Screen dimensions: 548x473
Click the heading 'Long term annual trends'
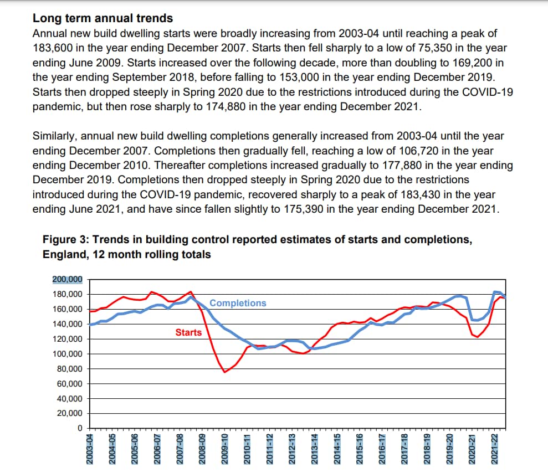tap(103, 18)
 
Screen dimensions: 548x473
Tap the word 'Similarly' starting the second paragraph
tap(54, 136)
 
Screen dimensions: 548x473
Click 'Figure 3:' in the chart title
tap(66, 240)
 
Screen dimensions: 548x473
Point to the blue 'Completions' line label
tap(238, 303)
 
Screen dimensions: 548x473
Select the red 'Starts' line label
tap(188, 332)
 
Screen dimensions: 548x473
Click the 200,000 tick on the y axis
tap(68, 280)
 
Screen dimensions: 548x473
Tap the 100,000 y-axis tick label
tap(68, 354)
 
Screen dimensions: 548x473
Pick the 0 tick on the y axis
tap(80, 428)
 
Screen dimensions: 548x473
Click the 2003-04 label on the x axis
tap(90, 449)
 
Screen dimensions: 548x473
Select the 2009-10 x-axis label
tap(224, 449)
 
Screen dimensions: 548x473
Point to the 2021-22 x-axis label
tap(494, 449)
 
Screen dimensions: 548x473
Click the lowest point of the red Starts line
tap(225, 372)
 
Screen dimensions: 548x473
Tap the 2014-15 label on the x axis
tap(337, 449)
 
